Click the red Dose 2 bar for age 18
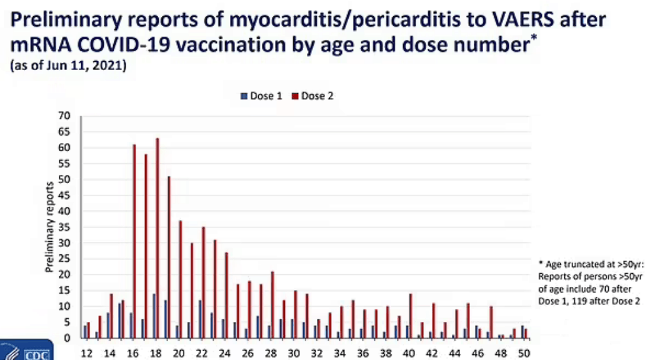[157, 238]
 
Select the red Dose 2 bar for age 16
[134, 241]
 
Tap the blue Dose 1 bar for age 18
[154, 316]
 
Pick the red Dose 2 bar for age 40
[411, 316]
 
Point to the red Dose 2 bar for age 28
[272, 305]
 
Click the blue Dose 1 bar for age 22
[200, 319]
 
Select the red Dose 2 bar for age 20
[180, 279]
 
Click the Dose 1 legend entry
[261, 96]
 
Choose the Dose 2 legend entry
[312, 96]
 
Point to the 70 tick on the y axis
[64, 116]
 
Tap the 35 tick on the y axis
[64, 227]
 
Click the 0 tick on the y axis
[67, 338]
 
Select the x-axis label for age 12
[87, 353]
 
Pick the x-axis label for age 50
[524, 353]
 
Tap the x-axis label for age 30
[294, 353]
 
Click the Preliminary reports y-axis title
[49, 227]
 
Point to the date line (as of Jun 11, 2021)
[68, 65]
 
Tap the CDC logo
[27, 350]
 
